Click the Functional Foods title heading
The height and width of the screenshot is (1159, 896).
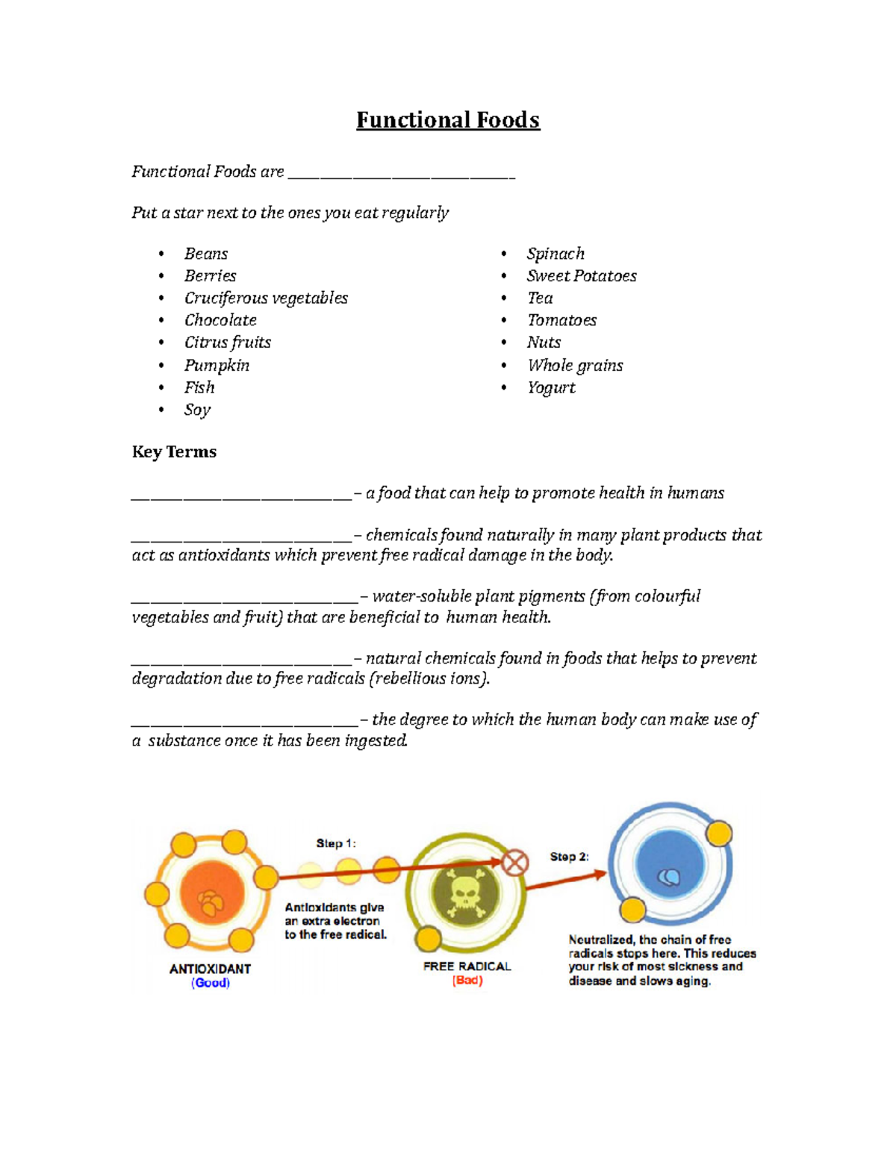448,120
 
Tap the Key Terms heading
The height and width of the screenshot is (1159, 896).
174,452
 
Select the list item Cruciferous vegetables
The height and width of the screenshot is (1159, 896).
266,298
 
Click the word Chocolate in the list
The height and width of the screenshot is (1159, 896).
220,320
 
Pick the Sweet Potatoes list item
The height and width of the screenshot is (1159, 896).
581,276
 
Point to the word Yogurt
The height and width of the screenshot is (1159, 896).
551,387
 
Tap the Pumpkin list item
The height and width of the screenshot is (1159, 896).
217,365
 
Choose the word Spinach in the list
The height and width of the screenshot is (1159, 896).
556,254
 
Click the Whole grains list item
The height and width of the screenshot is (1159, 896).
575,365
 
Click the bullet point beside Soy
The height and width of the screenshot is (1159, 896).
161,409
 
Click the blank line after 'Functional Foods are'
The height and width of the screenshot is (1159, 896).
402,175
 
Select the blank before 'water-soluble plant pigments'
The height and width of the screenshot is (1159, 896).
245,599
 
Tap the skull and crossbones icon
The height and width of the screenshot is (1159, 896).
464,893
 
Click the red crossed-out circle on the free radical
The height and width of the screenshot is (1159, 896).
514,863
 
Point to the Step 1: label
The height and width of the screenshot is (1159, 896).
336,843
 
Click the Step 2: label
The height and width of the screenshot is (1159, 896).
569,857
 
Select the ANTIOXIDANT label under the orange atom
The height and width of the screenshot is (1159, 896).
210,969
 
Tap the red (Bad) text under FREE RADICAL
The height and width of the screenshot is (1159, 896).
467,981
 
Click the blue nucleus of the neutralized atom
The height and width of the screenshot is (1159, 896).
669,866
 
